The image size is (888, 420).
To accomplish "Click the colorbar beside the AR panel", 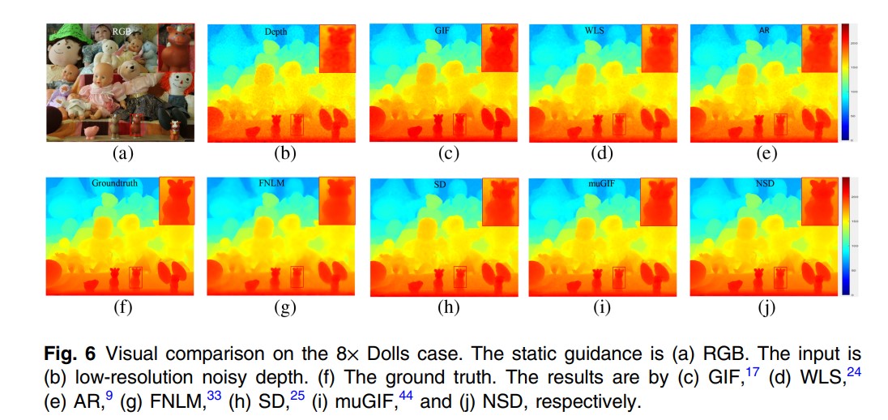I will [846, 82].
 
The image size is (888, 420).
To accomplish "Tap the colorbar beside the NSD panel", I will [846, 236].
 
